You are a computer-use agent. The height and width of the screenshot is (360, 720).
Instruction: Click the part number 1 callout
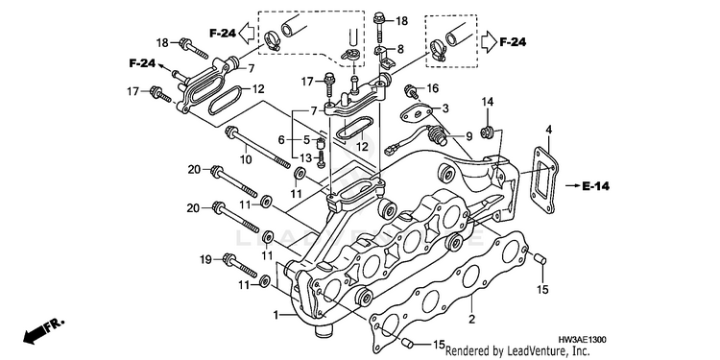tap(276, 315)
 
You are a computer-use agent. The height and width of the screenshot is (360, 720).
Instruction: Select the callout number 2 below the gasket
tap(471, 319)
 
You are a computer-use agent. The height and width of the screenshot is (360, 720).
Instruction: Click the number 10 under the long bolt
tap(246, 159)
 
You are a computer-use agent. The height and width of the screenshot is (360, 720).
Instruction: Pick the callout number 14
tap(488, 102)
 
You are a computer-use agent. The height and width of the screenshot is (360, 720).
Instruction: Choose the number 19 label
tap(205, 260)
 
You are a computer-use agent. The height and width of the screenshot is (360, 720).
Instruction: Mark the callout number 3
tap(445, 108)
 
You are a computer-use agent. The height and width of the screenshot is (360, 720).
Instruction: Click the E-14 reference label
tap(595, 186)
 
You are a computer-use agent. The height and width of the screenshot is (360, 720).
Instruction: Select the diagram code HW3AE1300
tap(583, 340)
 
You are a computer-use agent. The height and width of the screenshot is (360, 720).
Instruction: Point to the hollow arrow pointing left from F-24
tap(248, 33)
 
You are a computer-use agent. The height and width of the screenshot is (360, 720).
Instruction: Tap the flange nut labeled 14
tap(486, 132)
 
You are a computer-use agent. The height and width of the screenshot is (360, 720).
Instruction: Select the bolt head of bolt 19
tap(228, 258)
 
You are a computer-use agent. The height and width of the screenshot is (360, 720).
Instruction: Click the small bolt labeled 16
tap(411, 91)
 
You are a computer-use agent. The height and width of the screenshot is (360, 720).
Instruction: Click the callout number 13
tap(306, 158)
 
